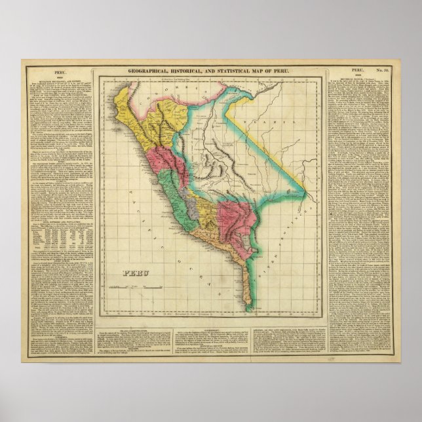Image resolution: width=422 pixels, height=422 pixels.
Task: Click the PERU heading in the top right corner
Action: click(x=356, y=69)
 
